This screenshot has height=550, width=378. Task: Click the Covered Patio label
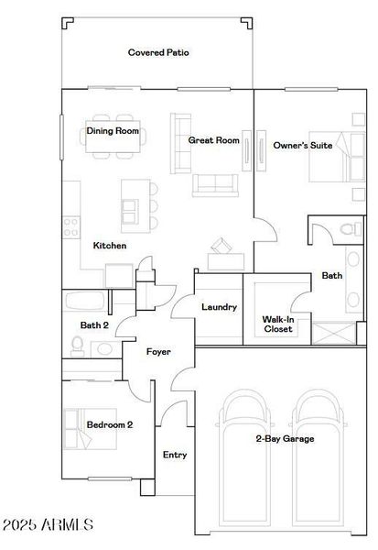tap(158, 53)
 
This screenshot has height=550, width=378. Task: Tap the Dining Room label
tap(113, 131)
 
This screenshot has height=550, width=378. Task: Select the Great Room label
tap(213, 140)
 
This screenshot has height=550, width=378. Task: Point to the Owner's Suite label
tap(303, 146)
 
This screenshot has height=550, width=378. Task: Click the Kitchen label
tap(110, 246)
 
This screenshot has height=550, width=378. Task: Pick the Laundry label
tap(219, 307)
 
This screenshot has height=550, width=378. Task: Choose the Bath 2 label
tap(94, 325)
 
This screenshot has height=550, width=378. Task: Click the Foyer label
tap(159, 352)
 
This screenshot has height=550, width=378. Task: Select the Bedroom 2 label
tap(110, 424)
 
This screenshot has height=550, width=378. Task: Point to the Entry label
tap(175, 455)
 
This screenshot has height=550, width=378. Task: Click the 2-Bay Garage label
tap(285, 439)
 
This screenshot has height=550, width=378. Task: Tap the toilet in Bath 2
tap(79, 345)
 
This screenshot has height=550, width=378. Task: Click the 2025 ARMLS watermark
tap(48, 525)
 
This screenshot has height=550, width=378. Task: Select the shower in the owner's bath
tap(333, 332)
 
